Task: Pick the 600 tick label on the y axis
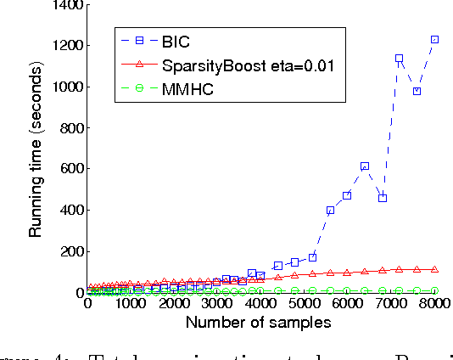click(x=68, y=170)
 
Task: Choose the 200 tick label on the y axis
click(x=68, y=252)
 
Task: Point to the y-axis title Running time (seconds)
click(x=36, y=149)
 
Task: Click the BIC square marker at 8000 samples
click(x=434, y=40)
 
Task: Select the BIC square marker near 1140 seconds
click(x=400, y=59)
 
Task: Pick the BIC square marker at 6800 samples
click(x=383, y=198)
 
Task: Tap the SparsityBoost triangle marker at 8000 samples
click(x=434, y=269)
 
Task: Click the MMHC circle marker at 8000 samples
click(x=434, y=290)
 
